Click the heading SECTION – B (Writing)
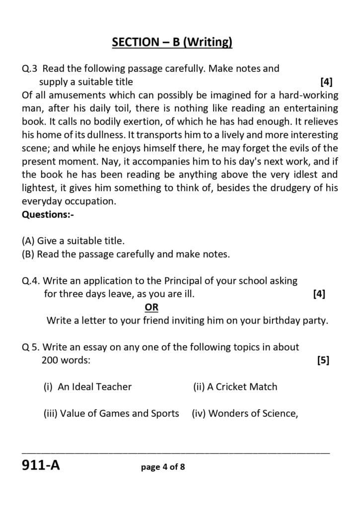point(172,43)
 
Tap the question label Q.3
point(30,68)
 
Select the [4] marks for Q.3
point(326,81)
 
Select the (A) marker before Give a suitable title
point(28,241)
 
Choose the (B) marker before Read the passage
point(28,254)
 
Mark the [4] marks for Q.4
point(319,294)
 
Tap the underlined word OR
point(151,307)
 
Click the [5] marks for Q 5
point(323,361)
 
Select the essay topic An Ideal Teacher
point(94,387)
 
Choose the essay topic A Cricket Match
point(242,387)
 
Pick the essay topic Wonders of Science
point(253,413)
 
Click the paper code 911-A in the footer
point(41,466)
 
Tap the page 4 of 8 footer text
point(163,467)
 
